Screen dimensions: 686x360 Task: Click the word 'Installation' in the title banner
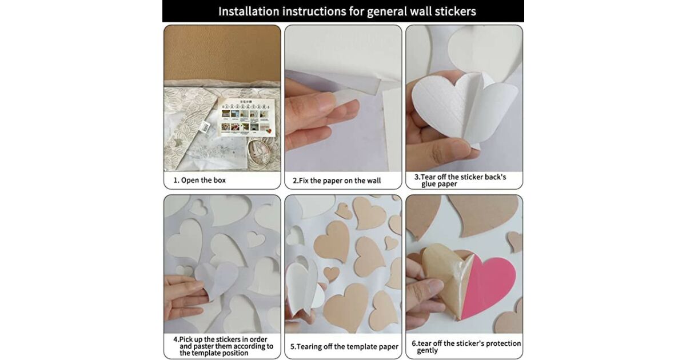click(x=249, y=11)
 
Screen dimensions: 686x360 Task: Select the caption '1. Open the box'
click(x=200, y=181)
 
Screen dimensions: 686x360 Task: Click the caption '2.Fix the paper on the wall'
click(x=337, y=181)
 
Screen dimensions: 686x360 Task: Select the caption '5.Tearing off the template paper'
click(x=344, y=346)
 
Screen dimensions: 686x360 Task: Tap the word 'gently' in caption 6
click(x=428, y=350)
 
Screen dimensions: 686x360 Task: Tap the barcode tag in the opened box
click(x=205, y=126)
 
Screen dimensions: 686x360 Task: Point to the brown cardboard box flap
click(x=222, y=54)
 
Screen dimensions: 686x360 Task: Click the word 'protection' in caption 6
click(x=504, y=343)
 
